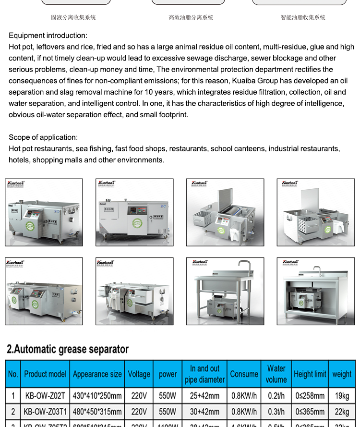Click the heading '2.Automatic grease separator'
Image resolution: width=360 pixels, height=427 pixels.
(68, 349)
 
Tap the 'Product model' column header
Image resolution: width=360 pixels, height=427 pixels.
(45, 374)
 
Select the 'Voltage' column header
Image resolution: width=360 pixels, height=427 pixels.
(139, 374)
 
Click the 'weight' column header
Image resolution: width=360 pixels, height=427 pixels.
(342, 374)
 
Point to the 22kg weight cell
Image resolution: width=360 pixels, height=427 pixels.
(342, 412)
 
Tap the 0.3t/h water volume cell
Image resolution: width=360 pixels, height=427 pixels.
(276, 412)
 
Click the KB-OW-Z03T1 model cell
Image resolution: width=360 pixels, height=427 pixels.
(45, 412)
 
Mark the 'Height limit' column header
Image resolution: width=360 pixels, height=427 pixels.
(310, 374)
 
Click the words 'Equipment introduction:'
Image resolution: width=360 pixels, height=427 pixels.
(48, 36)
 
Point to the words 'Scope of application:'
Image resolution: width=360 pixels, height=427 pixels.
(43, 137)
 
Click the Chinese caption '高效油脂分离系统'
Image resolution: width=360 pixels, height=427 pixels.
(191, 17)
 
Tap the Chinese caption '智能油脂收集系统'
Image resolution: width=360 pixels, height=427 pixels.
(303, 17)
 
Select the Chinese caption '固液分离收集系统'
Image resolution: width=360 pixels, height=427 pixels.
(73, 17)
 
